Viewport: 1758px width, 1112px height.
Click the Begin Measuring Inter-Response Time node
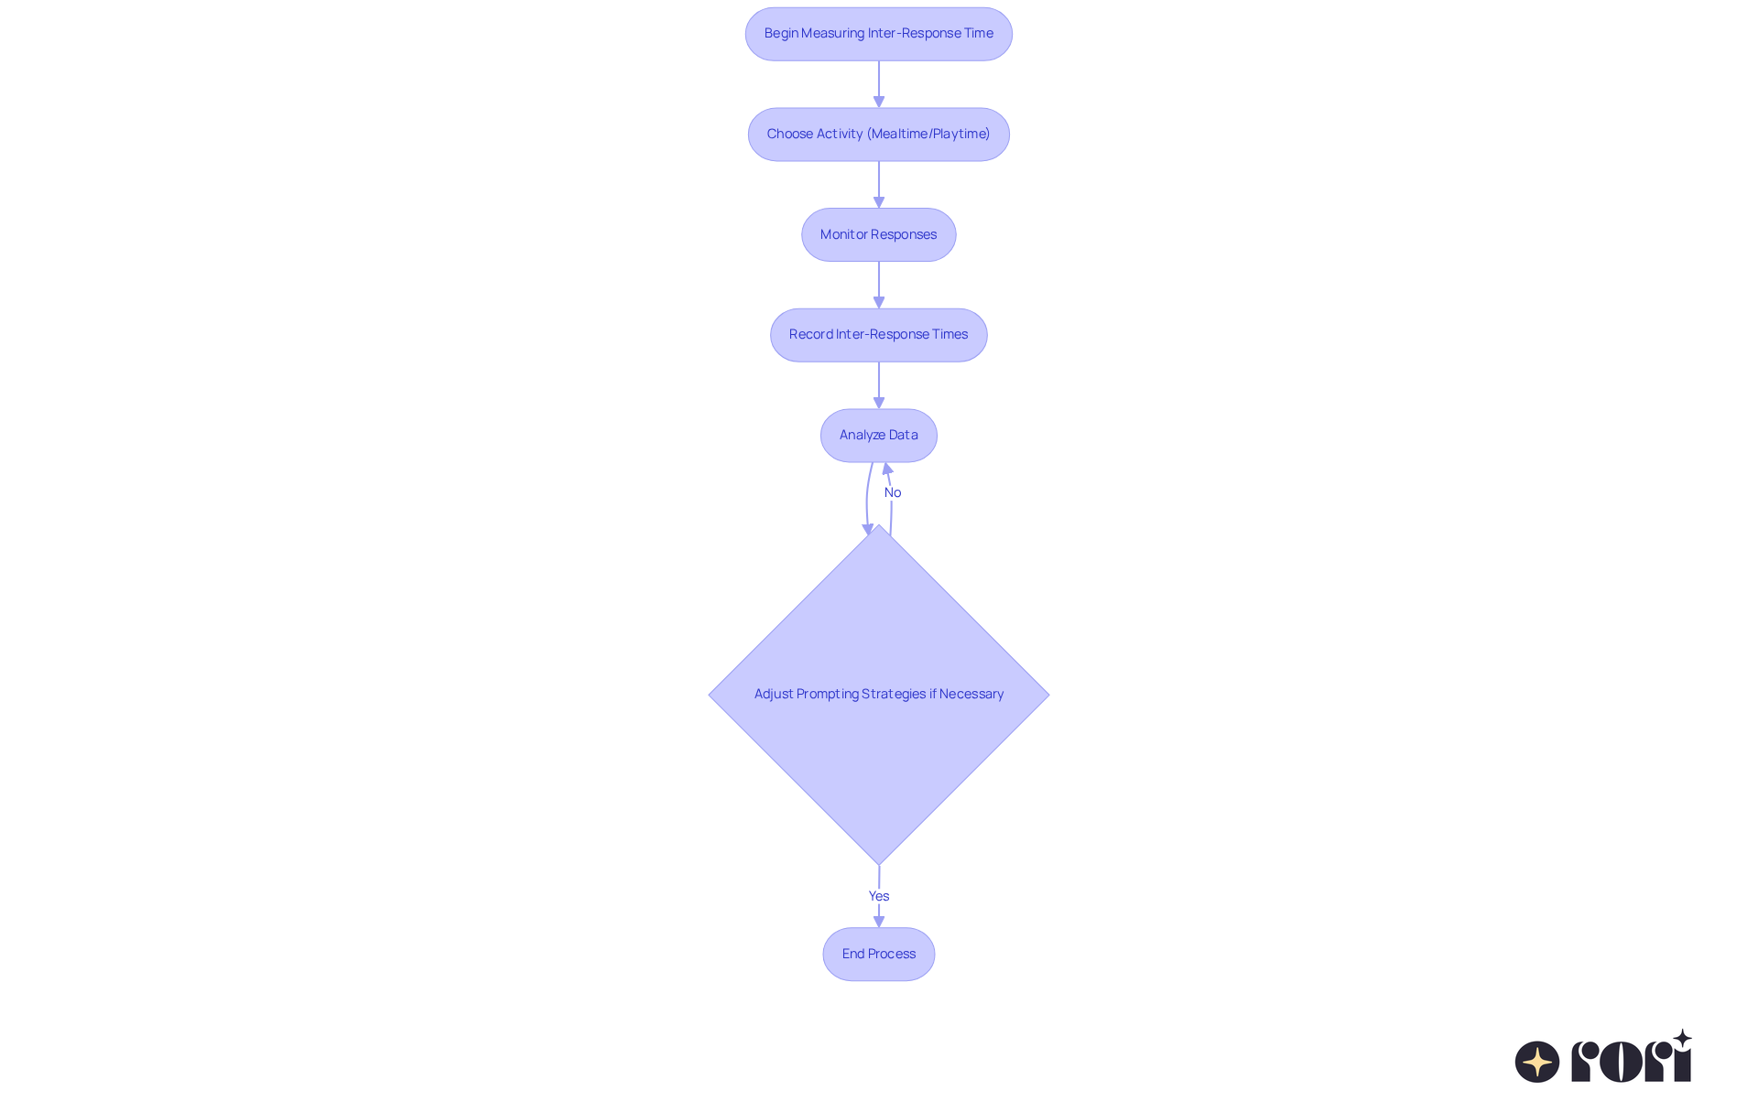[878, 34]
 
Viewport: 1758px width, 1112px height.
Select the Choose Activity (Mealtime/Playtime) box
[878, 135]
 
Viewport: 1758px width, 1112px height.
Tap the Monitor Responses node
[878, 234]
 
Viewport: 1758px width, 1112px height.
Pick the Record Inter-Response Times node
[878, 335]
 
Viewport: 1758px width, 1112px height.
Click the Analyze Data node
[878, 435]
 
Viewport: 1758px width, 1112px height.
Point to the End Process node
[878, 954]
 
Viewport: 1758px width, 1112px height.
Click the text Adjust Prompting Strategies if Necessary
[878, 694]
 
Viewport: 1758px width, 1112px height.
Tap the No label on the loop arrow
[893, 492]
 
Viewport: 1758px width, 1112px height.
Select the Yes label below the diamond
[878, 896]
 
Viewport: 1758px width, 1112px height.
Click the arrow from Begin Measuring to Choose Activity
[878, 84]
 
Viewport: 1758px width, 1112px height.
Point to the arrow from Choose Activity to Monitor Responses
[878, 184]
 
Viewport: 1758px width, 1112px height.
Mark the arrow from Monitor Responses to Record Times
[878, 285]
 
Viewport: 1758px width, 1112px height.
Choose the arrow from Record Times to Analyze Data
[878, 384]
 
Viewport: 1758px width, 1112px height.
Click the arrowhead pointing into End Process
[878, 922]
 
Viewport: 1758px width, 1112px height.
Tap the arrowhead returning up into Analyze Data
[887, 469]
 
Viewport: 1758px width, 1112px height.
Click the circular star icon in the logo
[1537, 1062]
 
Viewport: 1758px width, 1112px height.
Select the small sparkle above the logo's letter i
[1682, 1039]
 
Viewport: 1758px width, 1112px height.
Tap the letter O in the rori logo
[1621, 1062]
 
